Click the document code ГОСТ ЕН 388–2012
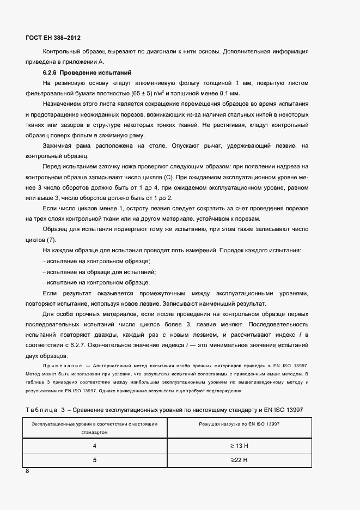pos(53,38)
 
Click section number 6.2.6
pos(50,72)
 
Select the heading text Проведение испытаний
pos(95,72)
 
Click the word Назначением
pos(64,104)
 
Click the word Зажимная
pos(58,145)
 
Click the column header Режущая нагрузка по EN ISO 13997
pos(239,423)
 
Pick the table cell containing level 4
pos(94,445)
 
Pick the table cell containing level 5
pos(94,460)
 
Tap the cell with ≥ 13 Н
pos(239,445)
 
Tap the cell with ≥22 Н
pos(239,460)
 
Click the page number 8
pos(28,471)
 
